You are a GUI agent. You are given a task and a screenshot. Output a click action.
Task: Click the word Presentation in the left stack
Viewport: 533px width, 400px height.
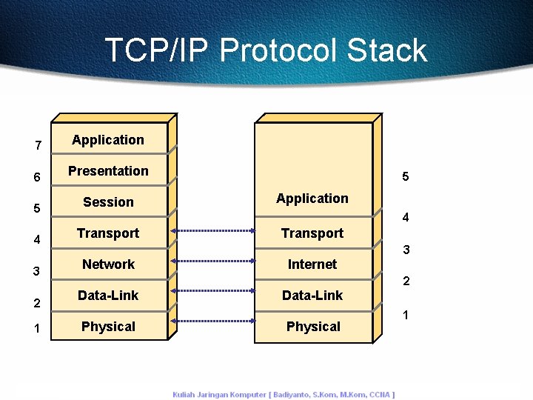[x=108, y=171]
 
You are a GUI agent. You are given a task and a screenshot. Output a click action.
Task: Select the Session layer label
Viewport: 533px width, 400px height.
[x=108, y=202]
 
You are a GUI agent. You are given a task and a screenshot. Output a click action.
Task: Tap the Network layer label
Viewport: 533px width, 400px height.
[x=108, y=264]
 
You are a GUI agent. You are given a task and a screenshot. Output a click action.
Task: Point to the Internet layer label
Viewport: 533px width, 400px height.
[x=312, y=264]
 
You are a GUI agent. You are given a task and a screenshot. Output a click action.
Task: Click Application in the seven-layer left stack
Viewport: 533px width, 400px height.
[x=108, y=140]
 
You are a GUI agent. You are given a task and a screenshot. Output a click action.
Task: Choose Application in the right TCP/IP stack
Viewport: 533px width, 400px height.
[x=312, y=199]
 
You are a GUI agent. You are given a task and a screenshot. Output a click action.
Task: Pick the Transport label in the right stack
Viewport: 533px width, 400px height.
[x=312, y=233]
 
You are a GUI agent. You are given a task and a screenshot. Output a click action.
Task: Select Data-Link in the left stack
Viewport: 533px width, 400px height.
[x=108, y=296]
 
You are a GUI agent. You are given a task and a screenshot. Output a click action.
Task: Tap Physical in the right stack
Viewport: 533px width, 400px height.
[x=313, y=327]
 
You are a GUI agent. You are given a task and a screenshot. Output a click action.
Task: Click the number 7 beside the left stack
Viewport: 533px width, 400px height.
[x=38, y=145]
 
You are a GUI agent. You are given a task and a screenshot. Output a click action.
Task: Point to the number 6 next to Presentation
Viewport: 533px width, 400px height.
[x=37, y=178]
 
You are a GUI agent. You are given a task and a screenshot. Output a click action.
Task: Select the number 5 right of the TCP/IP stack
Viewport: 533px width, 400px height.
[x=406, y=177]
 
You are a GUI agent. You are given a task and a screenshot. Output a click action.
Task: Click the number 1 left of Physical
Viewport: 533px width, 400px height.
[x=37, y=327]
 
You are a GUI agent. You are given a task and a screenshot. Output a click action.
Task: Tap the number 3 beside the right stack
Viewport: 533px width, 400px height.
[x=406, y=250]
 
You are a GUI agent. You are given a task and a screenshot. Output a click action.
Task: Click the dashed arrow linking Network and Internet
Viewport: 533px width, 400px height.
[x=212, y=261]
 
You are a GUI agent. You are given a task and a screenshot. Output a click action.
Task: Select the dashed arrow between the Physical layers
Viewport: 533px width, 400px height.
[x=212, y=321]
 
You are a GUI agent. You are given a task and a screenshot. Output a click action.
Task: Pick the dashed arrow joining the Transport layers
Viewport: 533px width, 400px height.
[x=212, y=231]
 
